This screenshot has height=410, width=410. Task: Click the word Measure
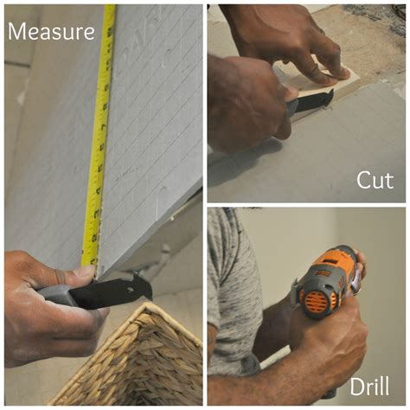[51, 32]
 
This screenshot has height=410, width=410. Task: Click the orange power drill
[327, 281]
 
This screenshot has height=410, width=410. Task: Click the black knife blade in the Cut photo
[315, 100]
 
